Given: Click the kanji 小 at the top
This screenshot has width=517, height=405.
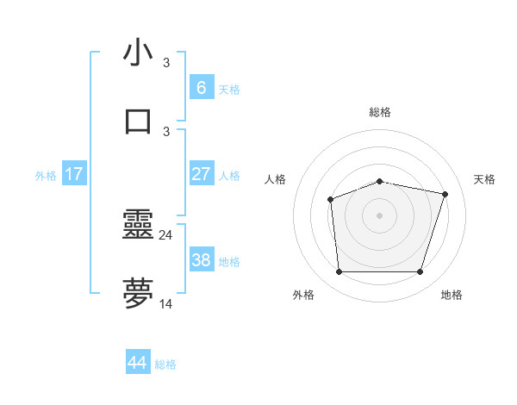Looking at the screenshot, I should (x=138, y=53).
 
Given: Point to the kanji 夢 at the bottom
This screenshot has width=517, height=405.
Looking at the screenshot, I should (x=138, y=294).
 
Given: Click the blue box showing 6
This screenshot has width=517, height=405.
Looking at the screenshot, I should (x=201, y=88).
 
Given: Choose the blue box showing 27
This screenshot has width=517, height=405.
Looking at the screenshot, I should (x=201, y=174).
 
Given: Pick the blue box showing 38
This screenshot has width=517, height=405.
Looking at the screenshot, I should (x=201, y=260).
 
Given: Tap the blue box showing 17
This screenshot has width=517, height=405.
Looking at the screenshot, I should (x=74, y=174).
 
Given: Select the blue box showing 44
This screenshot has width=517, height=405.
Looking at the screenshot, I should (x=137, y=363).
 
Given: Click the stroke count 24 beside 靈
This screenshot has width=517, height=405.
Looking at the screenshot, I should (x=166, y=234).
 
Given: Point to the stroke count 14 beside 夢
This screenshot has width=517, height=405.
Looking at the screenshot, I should (x=166, y=303).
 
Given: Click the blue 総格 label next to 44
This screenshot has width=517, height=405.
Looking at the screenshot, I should (x=165, y=364).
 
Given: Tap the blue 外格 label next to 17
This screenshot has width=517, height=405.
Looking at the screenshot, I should (x=46, y=175).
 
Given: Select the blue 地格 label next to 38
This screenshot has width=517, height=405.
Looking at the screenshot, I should (x=229, y=261).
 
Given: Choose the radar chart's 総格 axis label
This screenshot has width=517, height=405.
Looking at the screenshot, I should (x=380, y=112).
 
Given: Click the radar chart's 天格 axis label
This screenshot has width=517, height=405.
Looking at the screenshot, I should (x=484, y=179).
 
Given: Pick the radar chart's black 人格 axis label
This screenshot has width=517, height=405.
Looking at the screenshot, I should (x=276, y=179).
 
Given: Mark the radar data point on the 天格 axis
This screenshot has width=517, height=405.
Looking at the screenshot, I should (x=445, y=195).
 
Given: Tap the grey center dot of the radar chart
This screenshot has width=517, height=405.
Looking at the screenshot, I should (x=380, y=215).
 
